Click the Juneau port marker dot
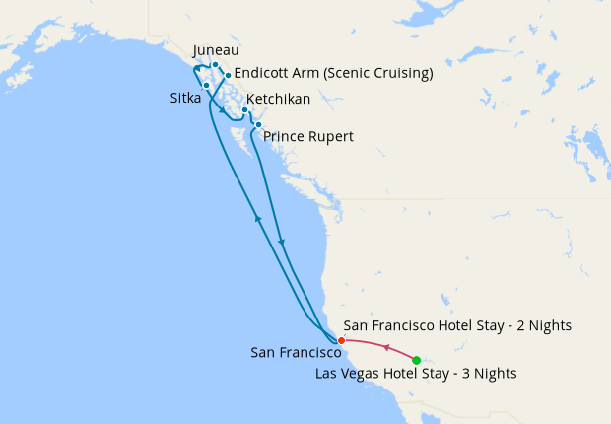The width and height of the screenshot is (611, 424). [x=215, y=65]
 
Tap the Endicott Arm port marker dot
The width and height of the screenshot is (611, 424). [x=228, y=75]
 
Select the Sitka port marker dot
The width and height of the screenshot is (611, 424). [x=206, y=85]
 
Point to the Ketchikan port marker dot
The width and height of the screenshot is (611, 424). [x=244, y=110]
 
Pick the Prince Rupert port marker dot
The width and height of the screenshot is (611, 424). [x=257, y=124]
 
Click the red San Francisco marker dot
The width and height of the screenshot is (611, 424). [x=341, y=340]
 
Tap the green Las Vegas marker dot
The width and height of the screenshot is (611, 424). [x=417, y=360]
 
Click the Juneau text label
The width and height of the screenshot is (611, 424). [x=216, y=50]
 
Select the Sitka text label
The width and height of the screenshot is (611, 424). [x=182, y=98]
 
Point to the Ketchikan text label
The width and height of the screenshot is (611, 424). [x=279, y=99]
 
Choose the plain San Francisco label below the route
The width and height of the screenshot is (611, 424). [x=297, y=352]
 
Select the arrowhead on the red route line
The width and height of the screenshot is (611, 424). [x=385, y=348]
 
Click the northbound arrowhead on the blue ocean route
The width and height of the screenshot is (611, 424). [x=257, y=218]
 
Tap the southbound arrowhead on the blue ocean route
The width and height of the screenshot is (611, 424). [x=282, y=243]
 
